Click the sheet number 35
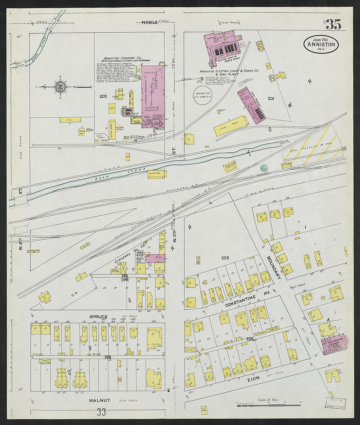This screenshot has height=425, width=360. (333, 25)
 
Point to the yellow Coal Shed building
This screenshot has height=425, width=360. (231, 126)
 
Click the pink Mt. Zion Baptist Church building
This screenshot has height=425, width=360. (335, 344)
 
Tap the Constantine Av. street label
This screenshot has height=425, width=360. (240, 301)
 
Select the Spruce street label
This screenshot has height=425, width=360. (99, 317)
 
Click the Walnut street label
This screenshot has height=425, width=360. (99, 400)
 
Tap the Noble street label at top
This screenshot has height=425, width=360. (150, 22)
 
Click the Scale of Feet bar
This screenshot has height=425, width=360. (268, 405)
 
